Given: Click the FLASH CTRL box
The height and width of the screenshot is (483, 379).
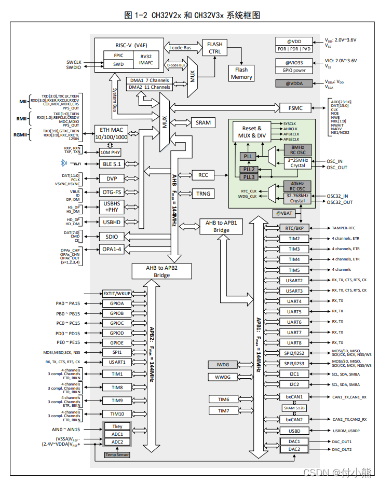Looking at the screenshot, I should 215,48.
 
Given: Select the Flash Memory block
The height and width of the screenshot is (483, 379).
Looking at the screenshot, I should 241,73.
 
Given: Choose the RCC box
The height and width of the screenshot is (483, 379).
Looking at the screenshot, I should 203,175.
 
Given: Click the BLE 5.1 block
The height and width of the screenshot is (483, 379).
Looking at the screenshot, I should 112,163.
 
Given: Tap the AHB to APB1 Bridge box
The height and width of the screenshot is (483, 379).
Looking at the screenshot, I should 221,226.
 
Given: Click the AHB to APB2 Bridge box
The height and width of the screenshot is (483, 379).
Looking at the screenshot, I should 161,271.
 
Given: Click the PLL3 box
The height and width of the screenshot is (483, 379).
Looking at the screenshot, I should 249,177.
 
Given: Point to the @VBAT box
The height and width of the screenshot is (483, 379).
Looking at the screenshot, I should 283,214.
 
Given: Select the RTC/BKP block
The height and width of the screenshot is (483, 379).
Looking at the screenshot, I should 294,228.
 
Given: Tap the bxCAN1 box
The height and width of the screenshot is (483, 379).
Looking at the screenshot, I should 294,397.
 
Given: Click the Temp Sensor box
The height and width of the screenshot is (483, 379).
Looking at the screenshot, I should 117,454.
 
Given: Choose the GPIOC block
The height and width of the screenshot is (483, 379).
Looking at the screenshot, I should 117,323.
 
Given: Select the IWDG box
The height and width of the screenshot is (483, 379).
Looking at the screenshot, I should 223,365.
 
